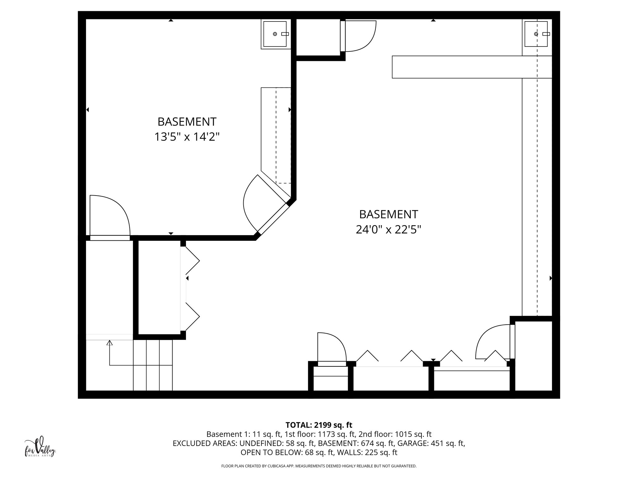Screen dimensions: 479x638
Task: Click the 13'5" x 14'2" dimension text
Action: [187, 137]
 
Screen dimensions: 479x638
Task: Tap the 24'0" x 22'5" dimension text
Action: [388, 230]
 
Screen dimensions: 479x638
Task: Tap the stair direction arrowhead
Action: [109, 343]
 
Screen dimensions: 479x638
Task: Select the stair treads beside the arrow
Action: [153, 365]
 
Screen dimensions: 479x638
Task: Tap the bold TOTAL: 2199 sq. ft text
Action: [319, 425]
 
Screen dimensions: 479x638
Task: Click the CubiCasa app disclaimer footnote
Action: [319, 466]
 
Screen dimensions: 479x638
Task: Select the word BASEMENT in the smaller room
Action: [187, 122]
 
